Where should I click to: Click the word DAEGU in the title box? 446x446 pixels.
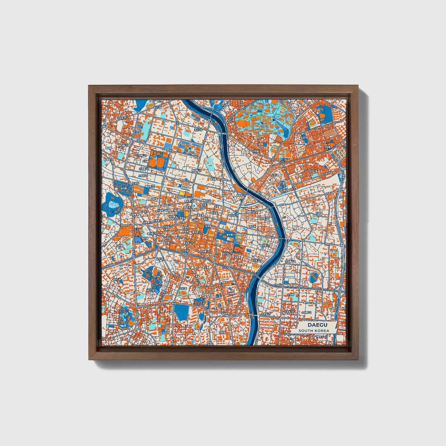pos(314,325)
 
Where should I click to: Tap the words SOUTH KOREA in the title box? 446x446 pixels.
pos(314,331)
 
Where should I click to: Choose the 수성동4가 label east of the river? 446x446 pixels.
pos(265,314)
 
